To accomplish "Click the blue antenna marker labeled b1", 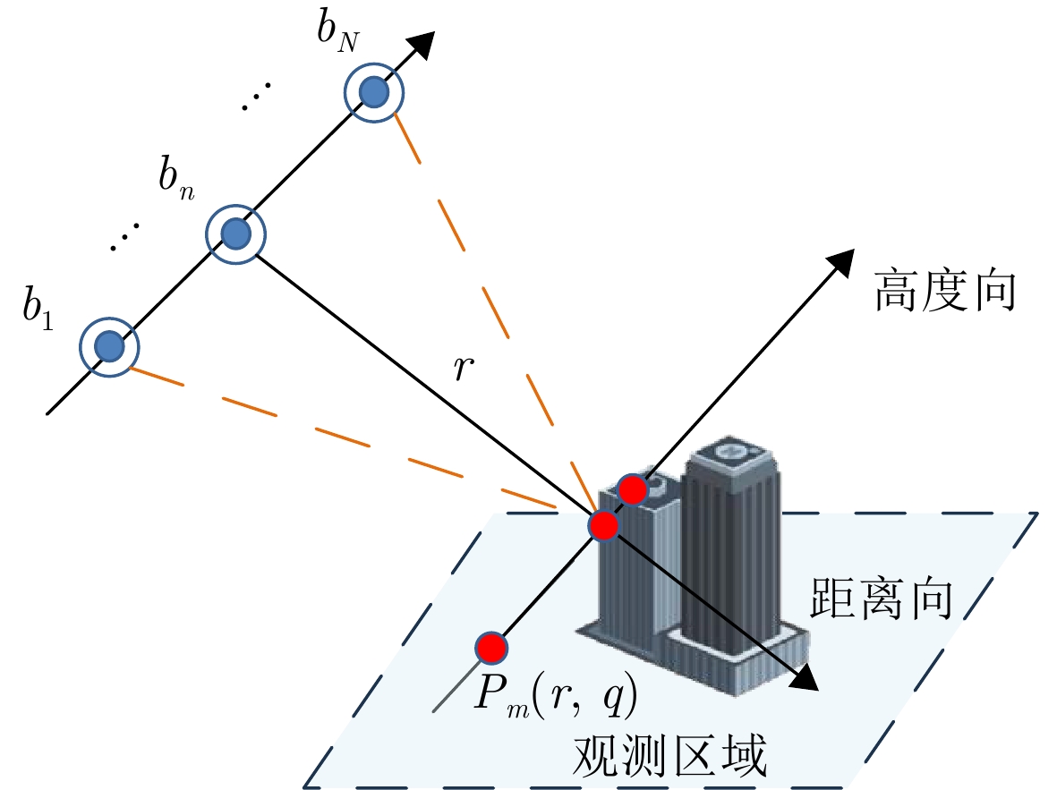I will click(x=109, y=345).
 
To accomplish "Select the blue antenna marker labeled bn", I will click(x=234, y=234).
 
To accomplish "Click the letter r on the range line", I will click(x=463, y=366).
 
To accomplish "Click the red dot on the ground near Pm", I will click(x=491, y=646).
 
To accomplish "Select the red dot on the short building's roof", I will click(x=634, y=489).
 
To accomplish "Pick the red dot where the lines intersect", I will click(x=603, y=525).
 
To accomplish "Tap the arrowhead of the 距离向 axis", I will click(x=805, y=680).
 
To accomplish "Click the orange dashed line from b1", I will click(x=340, y=437).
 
